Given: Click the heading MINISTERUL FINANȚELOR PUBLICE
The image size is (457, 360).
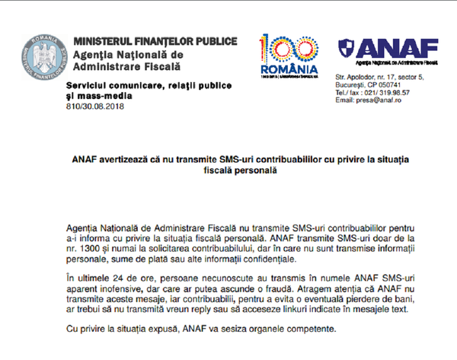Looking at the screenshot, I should click(155, 41).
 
